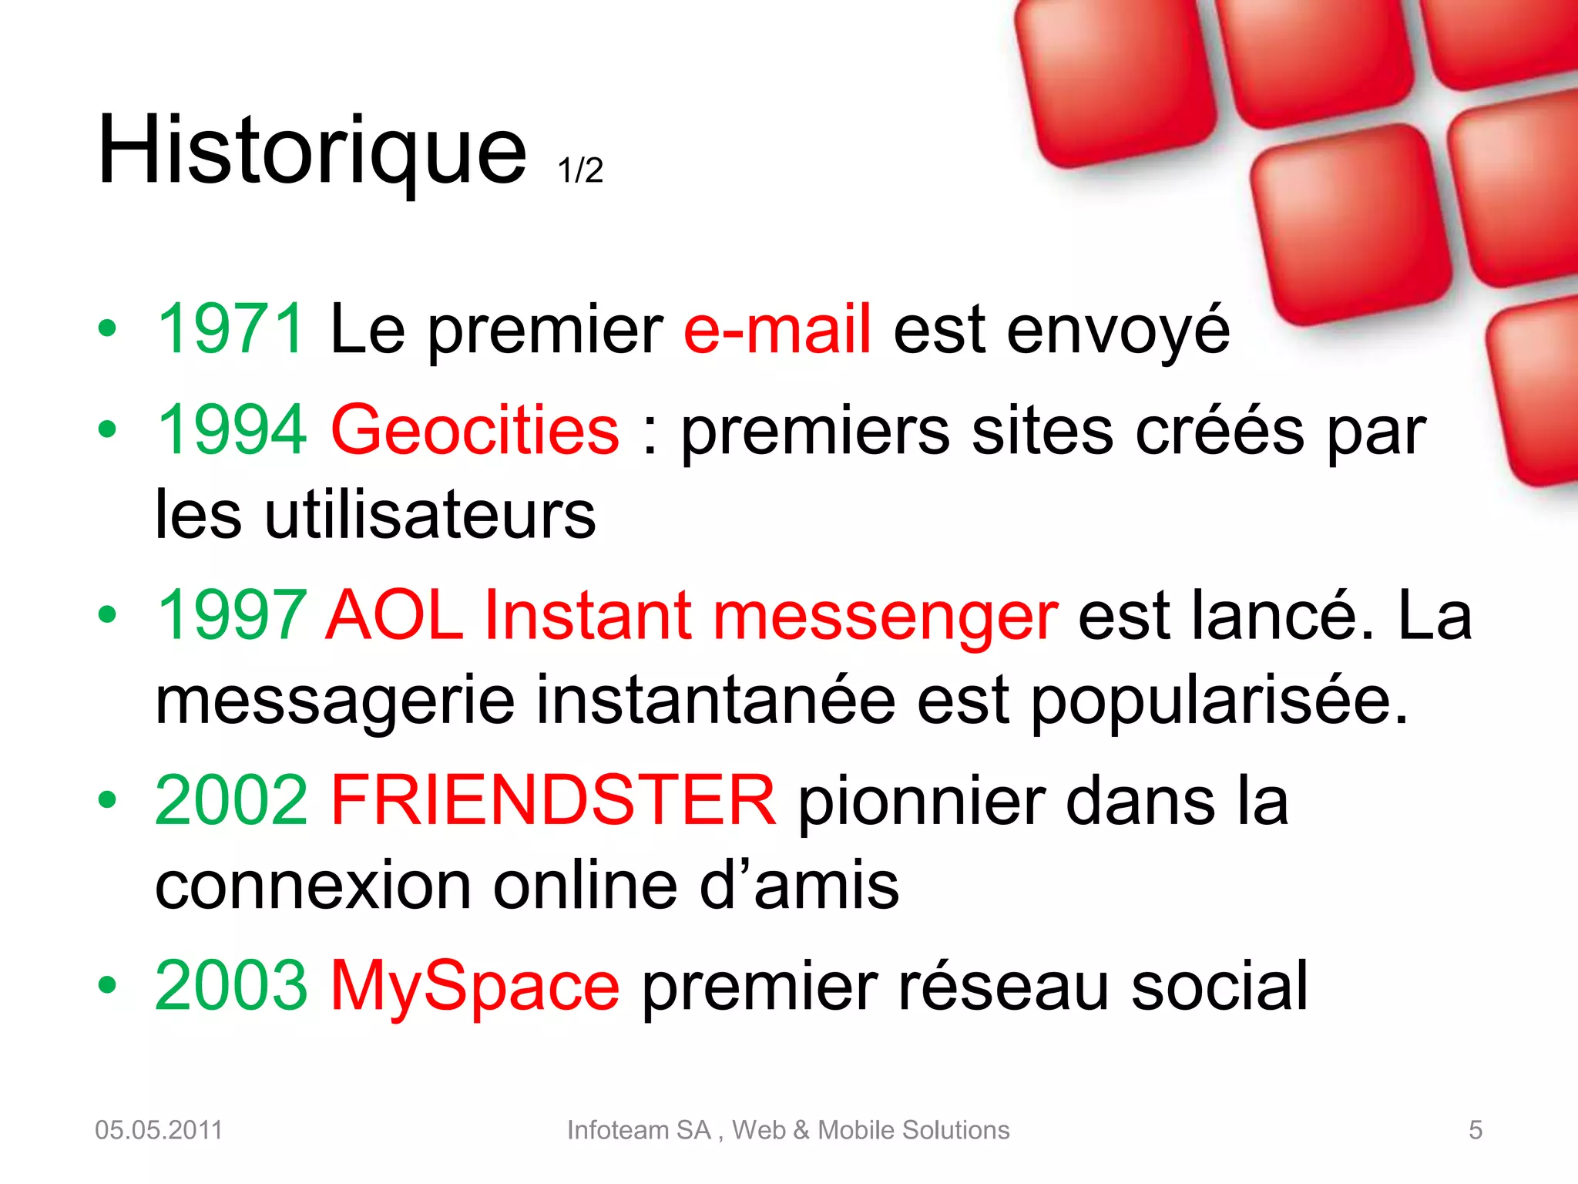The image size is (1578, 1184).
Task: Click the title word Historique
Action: (x=312, y=150)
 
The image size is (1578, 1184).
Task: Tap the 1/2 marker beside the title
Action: (x=580, y=170)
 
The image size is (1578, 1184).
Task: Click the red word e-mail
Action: (x=777, y=329)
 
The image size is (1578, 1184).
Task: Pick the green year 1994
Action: (x=231, y=430)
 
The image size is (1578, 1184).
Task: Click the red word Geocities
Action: (x=475, y=430)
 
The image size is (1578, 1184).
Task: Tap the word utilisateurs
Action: (x=430, y=515)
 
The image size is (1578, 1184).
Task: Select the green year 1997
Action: (x=231, y=615)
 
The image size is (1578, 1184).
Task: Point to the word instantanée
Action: (x=715, y=700)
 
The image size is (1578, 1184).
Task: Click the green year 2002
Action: (x=231, y=800)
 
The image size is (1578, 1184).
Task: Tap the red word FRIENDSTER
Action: (x=553, y=800)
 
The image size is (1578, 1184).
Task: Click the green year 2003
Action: (x=231, y=985)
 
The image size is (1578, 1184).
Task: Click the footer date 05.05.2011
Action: (x=159, y=1130)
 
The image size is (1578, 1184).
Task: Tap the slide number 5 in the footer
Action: (x=1475, y=1130)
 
